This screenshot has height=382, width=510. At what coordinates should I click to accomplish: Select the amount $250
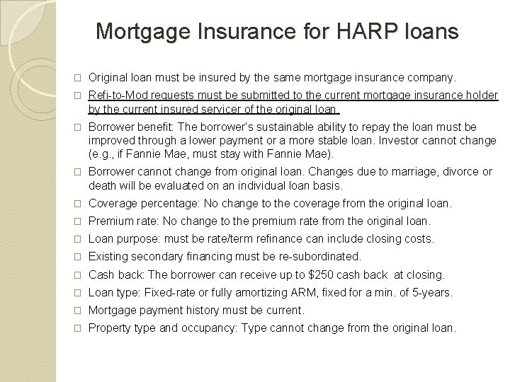(328, 274)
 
